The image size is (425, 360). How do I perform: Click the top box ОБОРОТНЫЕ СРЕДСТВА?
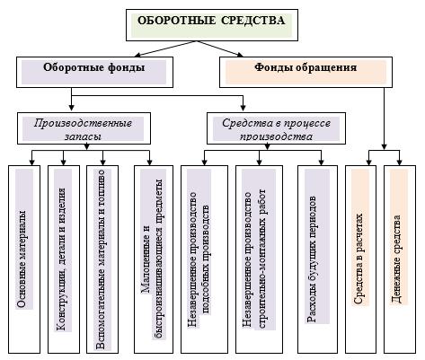pyautogui.click(x=212, y=25)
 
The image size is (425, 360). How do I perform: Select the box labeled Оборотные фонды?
pyautogui.click(x=94, y=72)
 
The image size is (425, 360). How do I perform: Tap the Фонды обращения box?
pyautogui.click(x=305, y=72)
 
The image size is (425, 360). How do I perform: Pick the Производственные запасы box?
pyautogui.click(x=84, y=128)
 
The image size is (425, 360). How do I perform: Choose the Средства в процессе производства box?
pyautogui.click(x=276, y=128)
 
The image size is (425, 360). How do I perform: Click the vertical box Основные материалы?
pyautogui.click(x=24, y=259)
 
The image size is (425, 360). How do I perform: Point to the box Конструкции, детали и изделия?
pyautogui.click(x=64, y=259)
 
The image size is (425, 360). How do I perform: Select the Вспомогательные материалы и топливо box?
pyautogui.click(x=102, y=259)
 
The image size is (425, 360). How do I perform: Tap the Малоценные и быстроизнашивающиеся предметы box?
pyautogui.click(x=154, y=259)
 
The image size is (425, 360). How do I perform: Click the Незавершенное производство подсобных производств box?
pyautogui.click(x=204, y=259)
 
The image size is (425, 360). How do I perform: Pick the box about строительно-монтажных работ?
pyautogui.click(x=259, y=259)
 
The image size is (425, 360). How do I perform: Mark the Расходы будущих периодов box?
pyautogui.click(x=317, y=259)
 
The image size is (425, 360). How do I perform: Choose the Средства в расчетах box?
pyautogui.click(x=360, y=259)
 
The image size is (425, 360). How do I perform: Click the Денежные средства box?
pyautogui.click(x=400, y=259)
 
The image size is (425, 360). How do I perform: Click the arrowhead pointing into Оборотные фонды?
pyautogui.click(x=137, y=55)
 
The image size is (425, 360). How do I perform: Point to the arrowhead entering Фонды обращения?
pyautogui.click(x=240, y=54)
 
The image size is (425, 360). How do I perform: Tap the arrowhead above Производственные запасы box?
pyautogui.click(x=71, y=107)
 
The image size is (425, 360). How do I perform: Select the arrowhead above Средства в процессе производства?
pyautogui.click(x=243, y=107)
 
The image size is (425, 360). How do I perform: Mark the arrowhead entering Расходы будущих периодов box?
pyautogui.click(x=321, y=162)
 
